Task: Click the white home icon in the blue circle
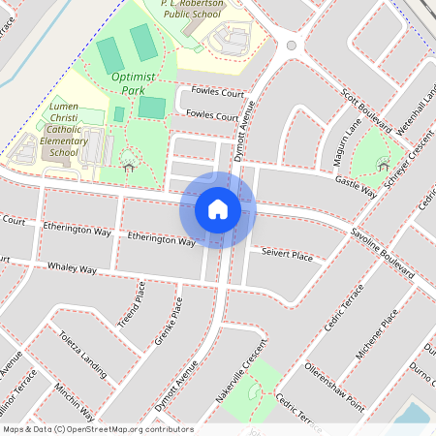[x=218, y=209]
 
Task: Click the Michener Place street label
[x=377, y=333]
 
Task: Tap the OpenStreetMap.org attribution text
[x=126, y=428]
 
